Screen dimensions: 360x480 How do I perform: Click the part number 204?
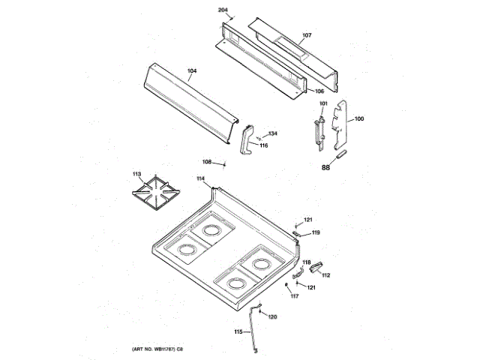tap(223, 9)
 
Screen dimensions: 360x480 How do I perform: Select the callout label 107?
tap(306, 35)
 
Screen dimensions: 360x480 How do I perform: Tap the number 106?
tap(319, 91)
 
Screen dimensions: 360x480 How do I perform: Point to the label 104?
tap(192, 71)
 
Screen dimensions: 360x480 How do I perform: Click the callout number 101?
tap(323, 103)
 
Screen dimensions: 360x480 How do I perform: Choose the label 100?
tap(359, 118)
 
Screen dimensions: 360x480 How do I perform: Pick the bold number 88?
tap(325, 167)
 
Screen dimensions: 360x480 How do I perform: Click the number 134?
tap(272, 133)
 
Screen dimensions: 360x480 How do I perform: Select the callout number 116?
tap(263, 145)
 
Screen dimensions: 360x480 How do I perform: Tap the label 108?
tap(206, 162)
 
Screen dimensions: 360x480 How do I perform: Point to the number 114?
tap(200, 178)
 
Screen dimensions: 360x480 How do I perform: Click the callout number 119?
tap(316, 232)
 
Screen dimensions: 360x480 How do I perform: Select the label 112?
tap(325, 275)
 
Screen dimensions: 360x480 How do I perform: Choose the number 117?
tap(295, 296)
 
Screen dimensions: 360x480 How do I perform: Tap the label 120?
tap(272, 316)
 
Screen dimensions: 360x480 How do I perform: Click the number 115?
tap(238, 331)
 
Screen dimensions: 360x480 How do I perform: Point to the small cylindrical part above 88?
tap(340, 154)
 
